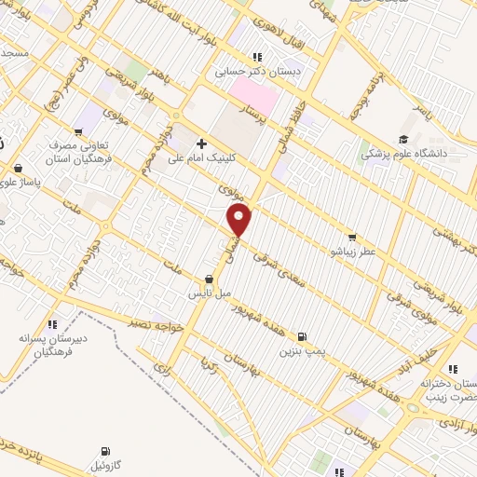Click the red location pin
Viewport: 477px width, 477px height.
[240, 221]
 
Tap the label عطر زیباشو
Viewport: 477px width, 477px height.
[351, 252]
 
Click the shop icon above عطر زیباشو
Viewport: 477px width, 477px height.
[351, 238]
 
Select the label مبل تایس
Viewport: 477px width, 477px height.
[211, 293]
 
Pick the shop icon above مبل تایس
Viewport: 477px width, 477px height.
[210, 279]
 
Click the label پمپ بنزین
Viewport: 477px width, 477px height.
[301, 352]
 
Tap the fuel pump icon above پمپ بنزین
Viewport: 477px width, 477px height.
[301, 337]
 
